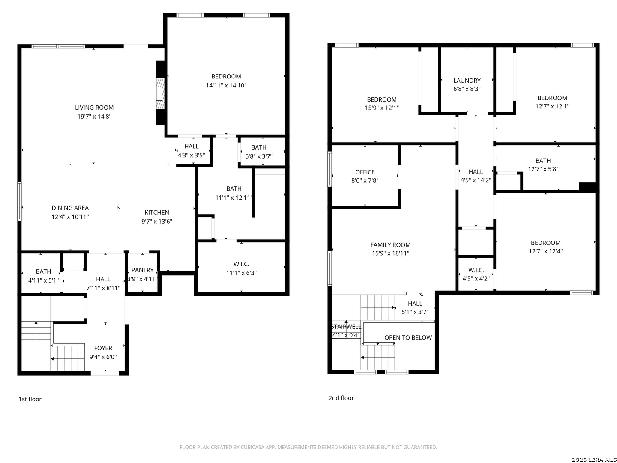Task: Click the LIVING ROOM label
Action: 94,108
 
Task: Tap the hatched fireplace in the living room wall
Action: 160,93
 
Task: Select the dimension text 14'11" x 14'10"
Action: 226,85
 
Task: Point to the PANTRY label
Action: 143,270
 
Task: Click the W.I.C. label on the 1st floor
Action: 241,264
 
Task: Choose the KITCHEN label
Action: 157,213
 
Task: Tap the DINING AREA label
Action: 70,208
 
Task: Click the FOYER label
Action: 103,348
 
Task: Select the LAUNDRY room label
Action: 467,81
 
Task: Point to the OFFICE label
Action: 365,172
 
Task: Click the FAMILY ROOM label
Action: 390,245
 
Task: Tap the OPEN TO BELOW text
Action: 408,338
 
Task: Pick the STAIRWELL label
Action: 346,327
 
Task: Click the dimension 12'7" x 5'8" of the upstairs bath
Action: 543,169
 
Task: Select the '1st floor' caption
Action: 30,399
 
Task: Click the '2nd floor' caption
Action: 341,398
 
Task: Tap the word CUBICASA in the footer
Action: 252,447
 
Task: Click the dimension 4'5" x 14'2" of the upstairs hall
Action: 476,180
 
